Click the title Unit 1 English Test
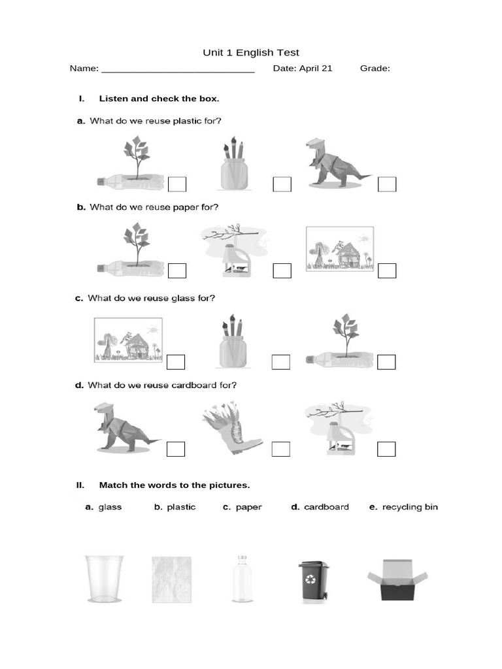coord(252,53)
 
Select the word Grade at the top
coord(374,68)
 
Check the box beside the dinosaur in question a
coord(387,184)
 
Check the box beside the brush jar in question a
coord(282,184)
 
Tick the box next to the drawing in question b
coord(387,270)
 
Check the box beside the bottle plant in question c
coord(386,362)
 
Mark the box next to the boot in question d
coord(280,449)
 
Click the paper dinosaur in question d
coord(124,429)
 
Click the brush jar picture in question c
coord(234,342)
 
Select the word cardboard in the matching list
coord(326,507)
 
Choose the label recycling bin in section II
coord(410,507)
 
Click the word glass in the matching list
coord(110,507)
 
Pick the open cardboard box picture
coord(397,579)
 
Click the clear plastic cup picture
coord(104,578)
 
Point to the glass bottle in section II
coord(241,579)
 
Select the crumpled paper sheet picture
coord(172,579)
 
